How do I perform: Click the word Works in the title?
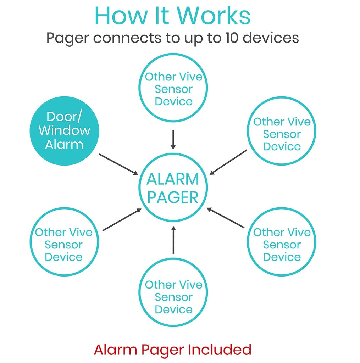[x=214, y=16]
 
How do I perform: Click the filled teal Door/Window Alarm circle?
[x=64, y=131]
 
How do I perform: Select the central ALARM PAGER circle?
[x=173, y=188]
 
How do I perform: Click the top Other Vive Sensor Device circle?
[x=173, y=89]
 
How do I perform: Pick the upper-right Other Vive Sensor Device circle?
[x=282, y=131]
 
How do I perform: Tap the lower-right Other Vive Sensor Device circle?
[x=282, y=242]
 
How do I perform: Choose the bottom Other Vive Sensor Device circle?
[x=173, y=294]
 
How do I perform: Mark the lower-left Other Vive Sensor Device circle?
[x=64, y=242]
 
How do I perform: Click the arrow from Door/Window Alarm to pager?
[x=118, y=164]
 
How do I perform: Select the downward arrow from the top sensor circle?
[x=173, y=140]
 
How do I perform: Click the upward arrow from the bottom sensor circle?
[x=173, y=240]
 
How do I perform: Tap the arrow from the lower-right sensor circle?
[x=226, y=218]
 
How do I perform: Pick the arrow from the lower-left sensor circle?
[x=122, y=220]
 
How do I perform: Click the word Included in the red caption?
[x=220, y=350]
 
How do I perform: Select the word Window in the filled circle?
[x=64, y=130]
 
